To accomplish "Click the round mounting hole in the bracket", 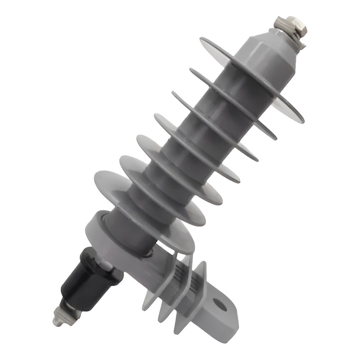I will click(220, 304).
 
